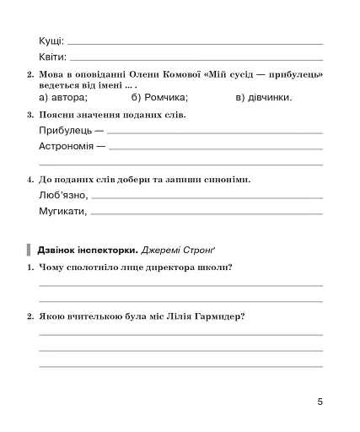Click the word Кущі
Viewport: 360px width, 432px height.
point(51,41)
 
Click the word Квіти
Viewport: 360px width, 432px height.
point(52,58)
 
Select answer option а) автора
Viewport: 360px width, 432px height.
point(63,97)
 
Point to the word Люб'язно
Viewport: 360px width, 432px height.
point(62,196)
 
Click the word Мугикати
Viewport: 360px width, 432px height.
point(62,212)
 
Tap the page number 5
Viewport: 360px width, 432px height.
point(320,402)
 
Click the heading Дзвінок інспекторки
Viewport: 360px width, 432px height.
point(87,250)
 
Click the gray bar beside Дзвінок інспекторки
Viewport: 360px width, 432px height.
point(30,250)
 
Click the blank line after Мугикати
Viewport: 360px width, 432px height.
point(207,214)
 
